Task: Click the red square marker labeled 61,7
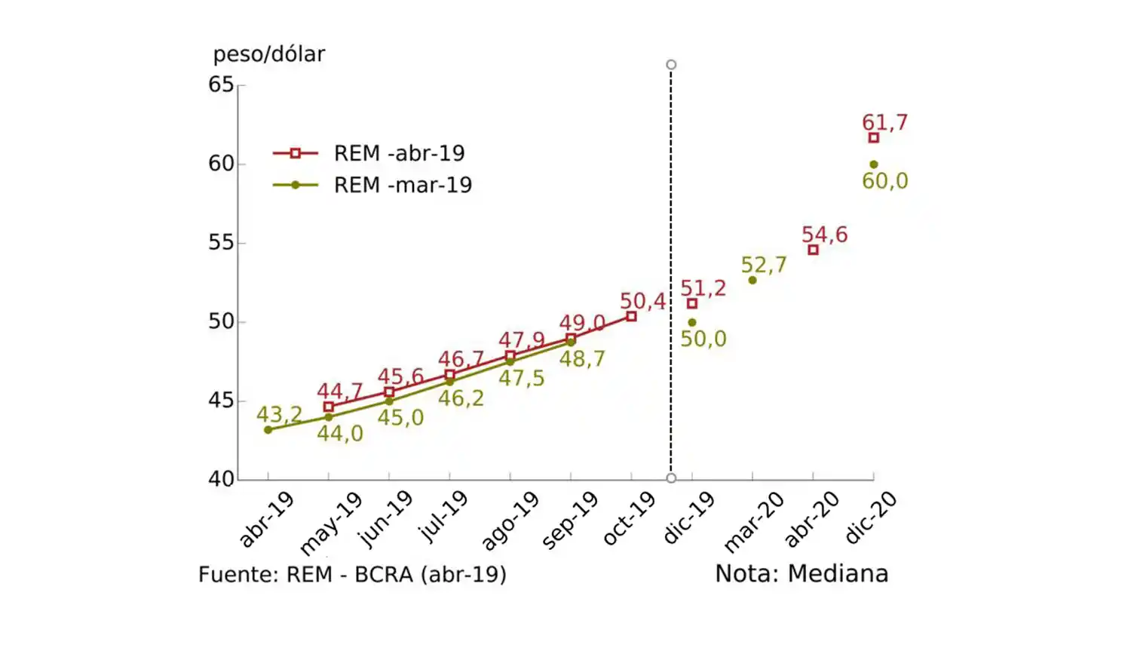click(x=873, y=138)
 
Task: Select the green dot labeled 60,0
click(x=873, y=164)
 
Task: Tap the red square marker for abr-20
click(x=813, y=250)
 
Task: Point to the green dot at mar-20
click(x=752, y=281)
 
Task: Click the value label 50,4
click(x=642, y=301)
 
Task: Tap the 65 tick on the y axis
click(x=221, y=84)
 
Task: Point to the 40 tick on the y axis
click(x=221, y=479)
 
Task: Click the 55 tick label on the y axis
click(x=221, y=243)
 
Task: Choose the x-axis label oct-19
click(x=628, y=519)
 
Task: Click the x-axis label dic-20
click(x=870, y=518)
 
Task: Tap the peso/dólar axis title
click(x=268, y=54)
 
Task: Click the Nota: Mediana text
click(x=801, y=574)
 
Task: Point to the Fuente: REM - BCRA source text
click(x=352, y=575)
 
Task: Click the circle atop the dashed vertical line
click(x=671, y=65)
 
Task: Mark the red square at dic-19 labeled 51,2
click(x=692, y=304)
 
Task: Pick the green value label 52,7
click(x=763, y=265)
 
